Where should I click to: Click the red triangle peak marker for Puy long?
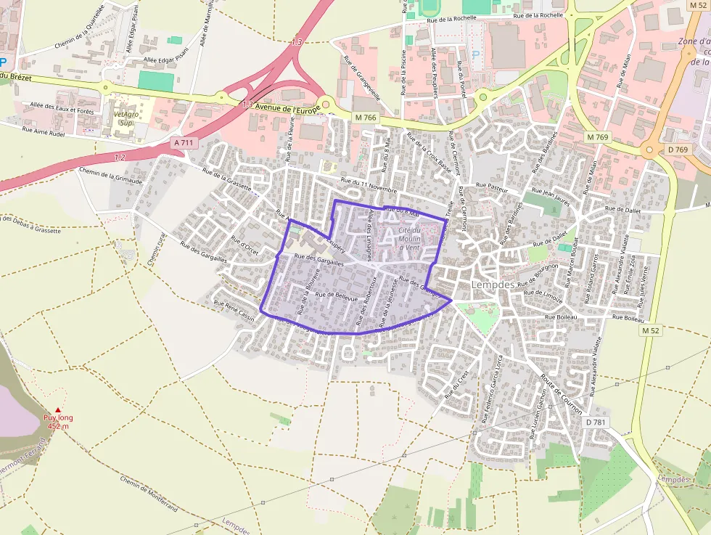pyautogui.click(x=58, y=410)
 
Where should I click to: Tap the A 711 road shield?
pyautogui.click(x=184, y=143)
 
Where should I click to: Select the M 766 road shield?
pyautogui.click(x=367, y=118)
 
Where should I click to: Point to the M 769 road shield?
pyautogui.click(x=597, y=137)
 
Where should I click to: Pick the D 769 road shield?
pyautogui.click(x=678, y=150)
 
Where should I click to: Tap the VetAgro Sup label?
pyautogui.click(x=125, y=118)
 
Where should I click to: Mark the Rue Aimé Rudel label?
pyautogui.click(x=44, y=132)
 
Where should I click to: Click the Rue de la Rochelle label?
pyautogui.click(x=538, y=15)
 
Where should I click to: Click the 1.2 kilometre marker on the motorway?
pyautogui.click(x=120, y=157)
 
